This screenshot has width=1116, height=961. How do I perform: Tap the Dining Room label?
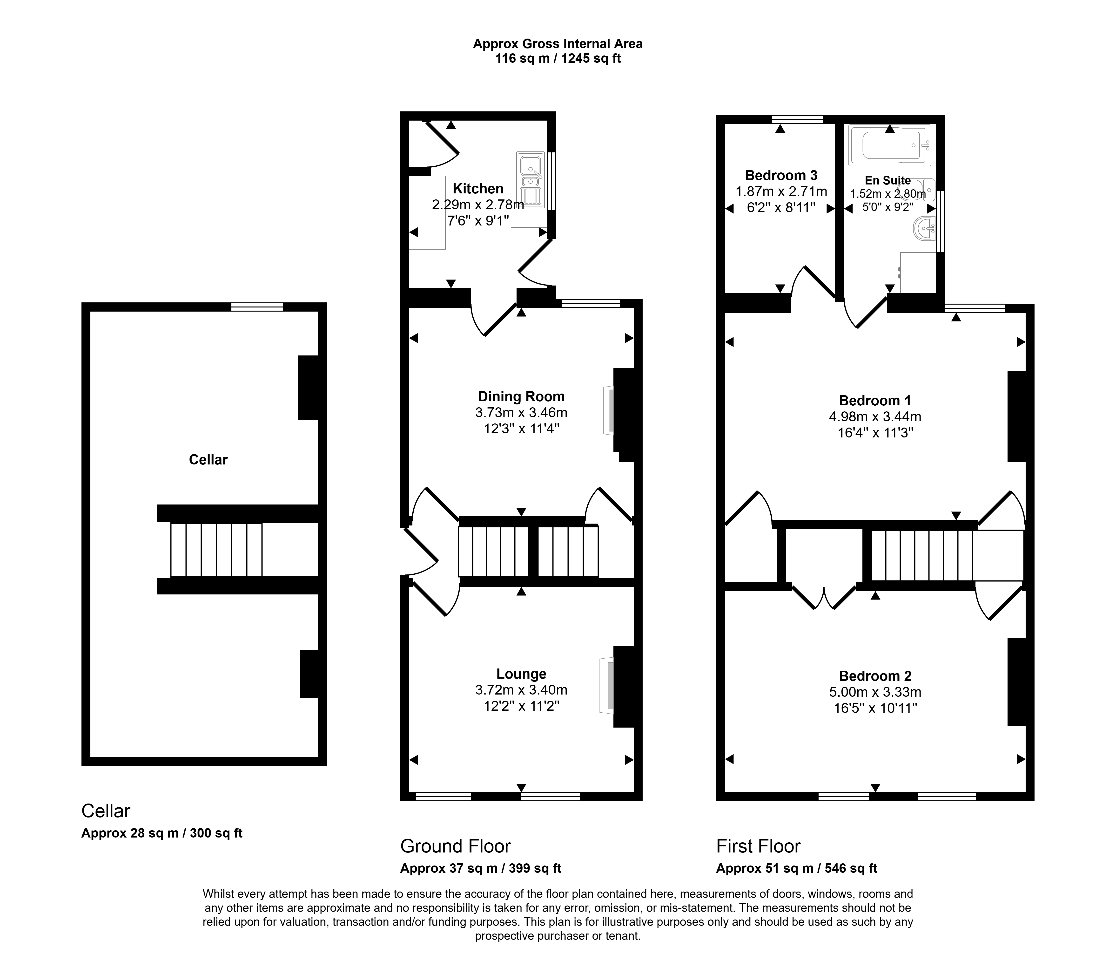(521, 397)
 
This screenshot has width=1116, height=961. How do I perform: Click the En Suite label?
(888, 181)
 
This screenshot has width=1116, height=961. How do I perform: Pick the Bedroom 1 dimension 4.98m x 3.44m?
(875, 417)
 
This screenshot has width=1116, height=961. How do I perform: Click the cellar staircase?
(216, 550)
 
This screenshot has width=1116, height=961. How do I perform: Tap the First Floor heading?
(758, 846)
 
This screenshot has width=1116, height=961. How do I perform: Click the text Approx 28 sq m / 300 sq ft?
(162, 833)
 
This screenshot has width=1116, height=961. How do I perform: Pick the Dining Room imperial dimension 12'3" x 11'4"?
(521, 429)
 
